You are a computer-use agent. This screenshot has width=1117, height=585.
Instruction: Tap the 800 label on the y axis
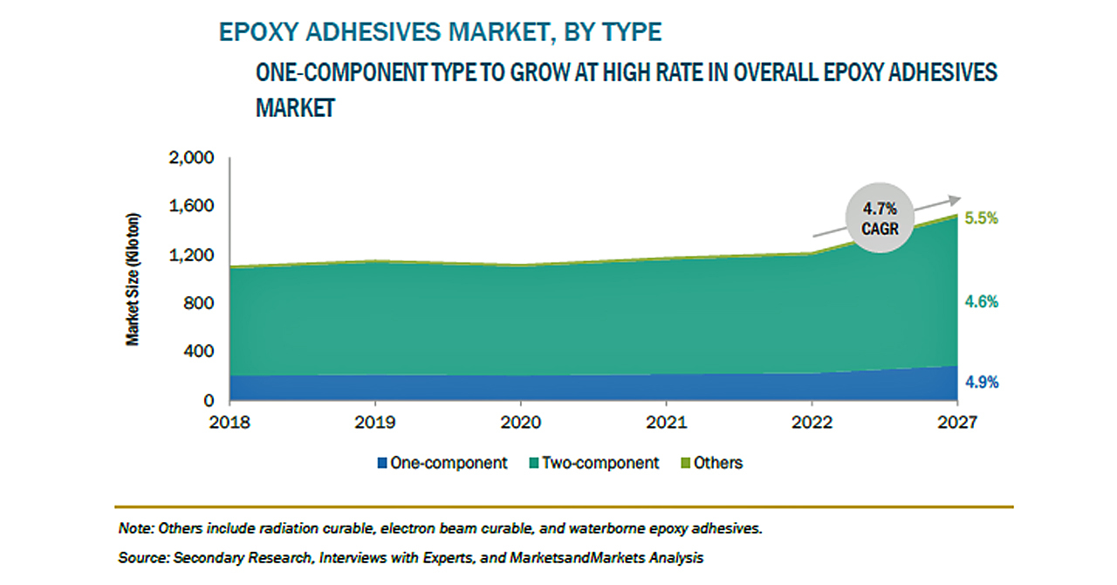click(x=196, y=304)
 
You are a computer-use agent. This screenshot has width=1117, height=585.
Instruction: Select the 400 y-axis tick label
click(x=196, y=352)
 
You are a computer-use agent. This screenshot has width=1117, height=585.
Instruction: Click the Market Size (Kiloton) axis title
click(x=134, y=279)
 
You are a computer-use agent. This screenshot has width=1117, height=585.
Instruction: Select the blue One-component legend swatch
click(x=380, y=463)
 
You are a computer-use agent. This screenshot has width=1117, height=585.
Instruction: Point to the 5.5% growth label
click(x=981, y=219)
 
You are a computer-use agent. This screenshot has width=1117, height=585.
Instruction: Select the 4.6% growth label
click(x=981, y=302)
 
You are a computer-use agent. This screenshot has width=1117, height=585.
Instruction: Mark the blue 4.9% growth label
click(x=981, y=382)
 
